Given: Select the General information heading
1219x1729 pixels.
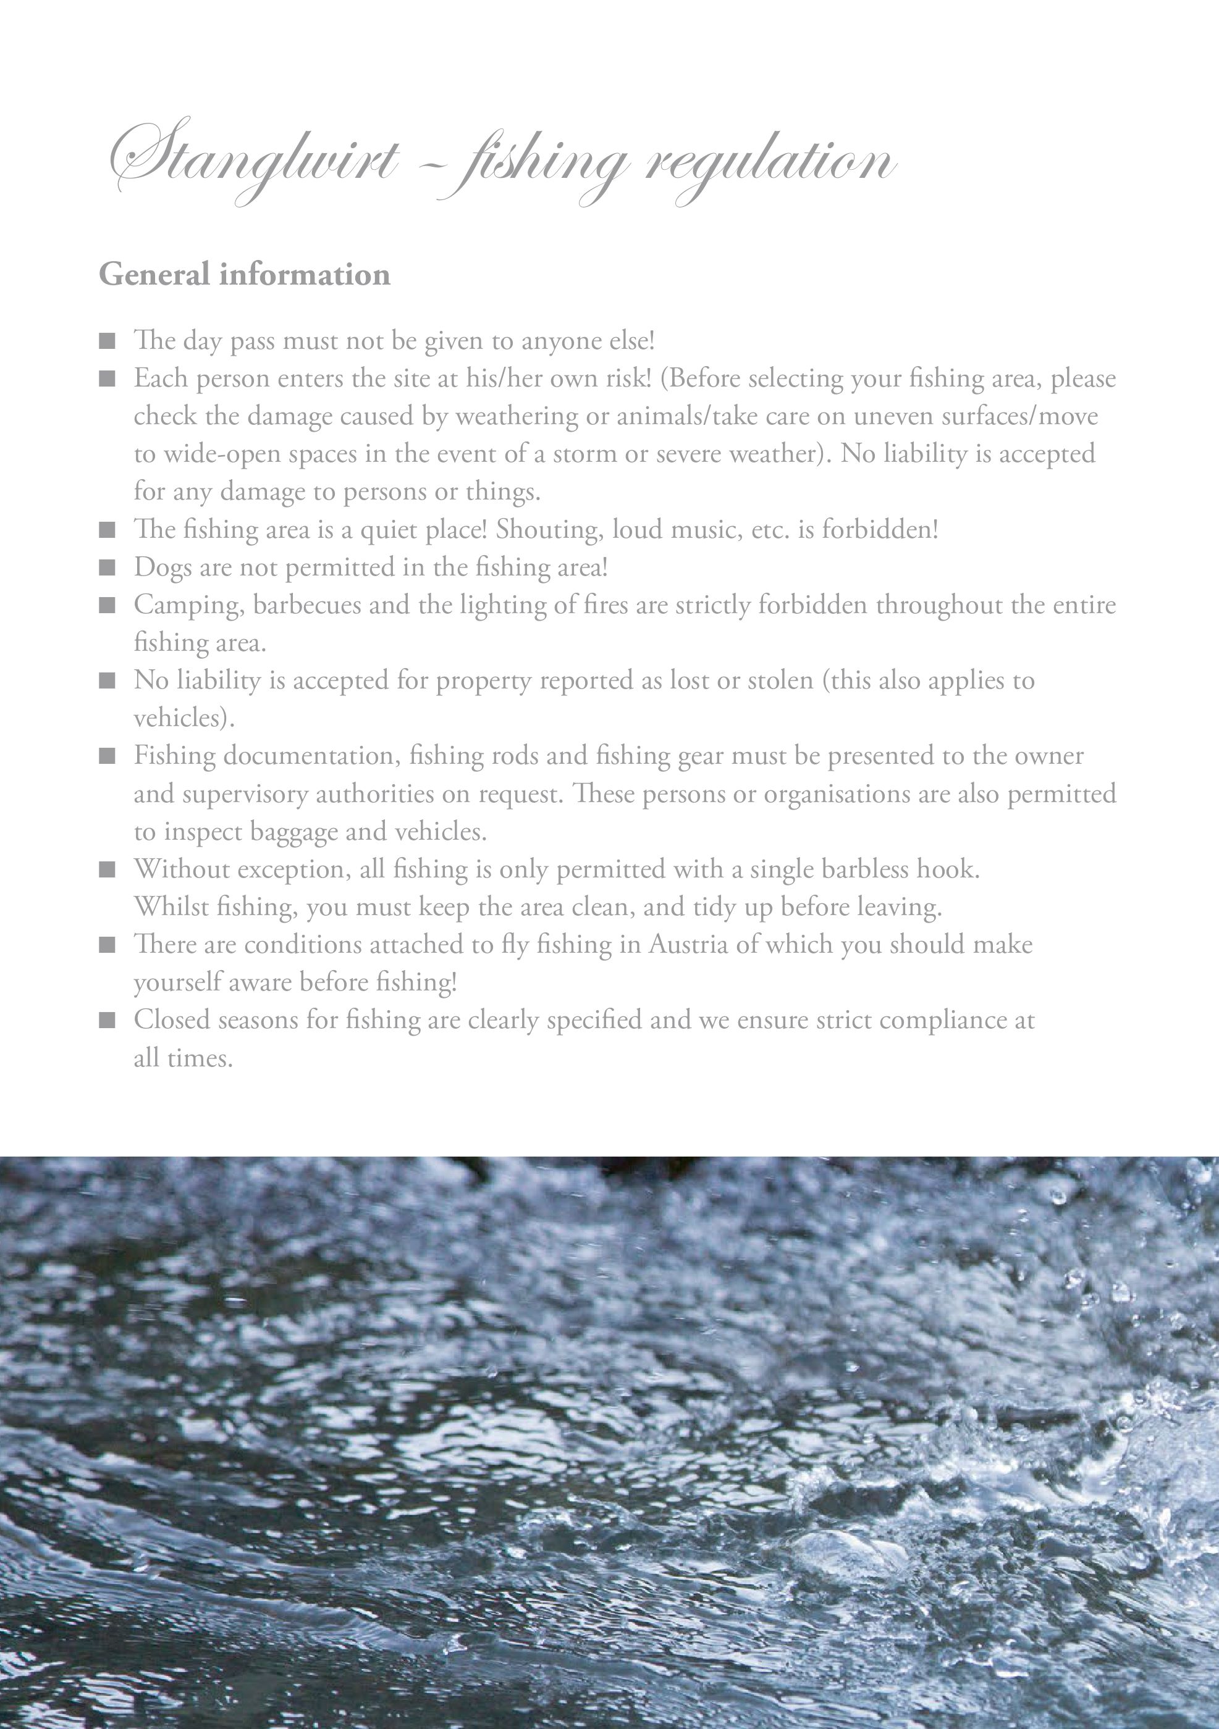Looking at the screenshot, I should [245, 274].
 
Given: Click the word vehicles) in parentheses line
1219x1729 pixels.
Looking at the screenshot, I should [184, 718].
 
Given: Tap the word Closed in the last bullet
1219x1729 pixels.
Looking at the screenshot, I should [171, 1020].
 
